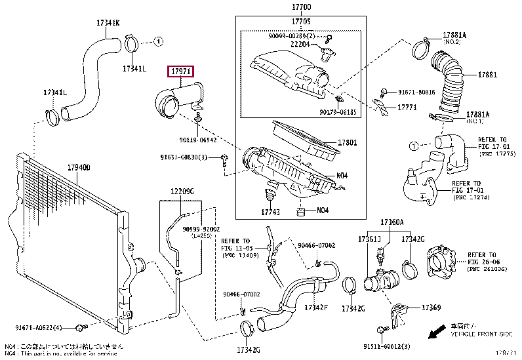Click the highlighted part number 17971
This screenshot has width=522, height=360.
181,71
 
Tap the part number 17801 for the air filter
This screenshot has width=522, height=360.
347,142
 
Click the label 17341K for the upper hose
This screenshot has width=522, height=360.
109,24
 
